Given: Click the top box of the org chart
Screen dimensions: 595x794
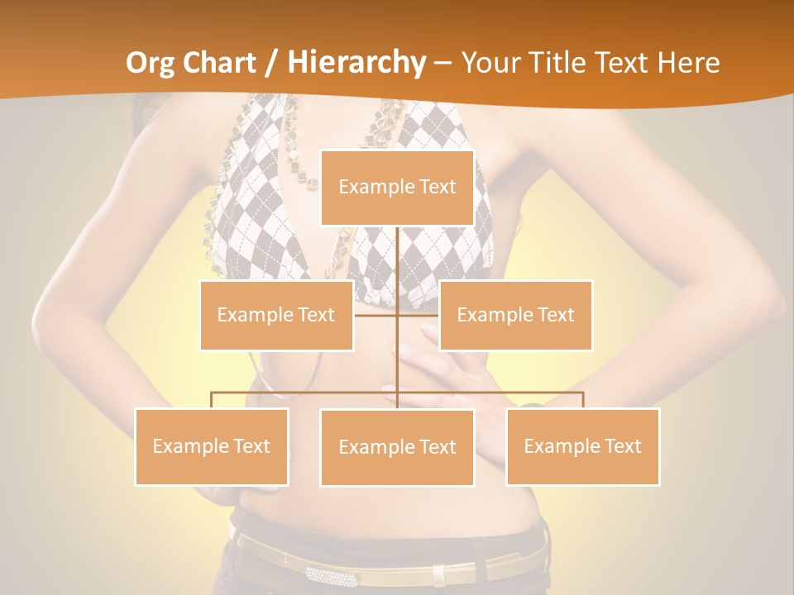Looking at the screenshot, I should pyautogui.click(x=397, y=188).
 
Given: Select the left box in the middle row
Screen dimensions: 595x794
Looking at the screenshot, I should pyautogui.click(x=276, y=315).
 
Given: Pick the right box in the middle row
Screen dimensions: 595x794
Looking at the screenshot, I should pyautogui.click(x=515, y=315).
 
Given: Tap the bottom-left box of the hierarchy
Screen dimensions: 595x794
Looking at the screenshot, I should pyautogui.click(x=212, y=446).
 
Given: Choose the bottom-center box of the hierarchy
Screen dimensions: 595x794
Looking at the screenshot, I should pyautogui.click(x=397, y=447).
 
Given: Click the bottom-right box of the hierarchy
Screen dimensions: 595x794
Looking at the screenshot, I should pyautogui.click(x=582, y=446).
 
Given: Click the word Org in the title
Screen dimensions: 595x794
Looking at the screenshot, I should pyautogui.click(x=151, y=63).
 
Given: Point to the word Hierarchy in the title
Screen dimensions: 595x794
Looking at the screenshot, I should pyautogui.click(x=356, y=63).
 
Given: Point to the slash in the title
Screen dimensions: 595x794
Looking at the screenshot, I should pyautogui.click(x=271, y=63).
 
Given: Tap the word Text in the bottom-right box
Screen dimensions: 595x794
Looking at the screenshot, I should pyautogui.click(x=623, y=446).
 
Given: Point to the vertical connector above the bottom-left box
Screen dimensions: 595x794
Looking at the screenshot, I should pyautogui.click(x=212, y=400).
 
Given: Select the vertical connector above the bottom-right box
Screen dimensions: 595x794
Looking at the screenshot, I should pyautogui.click(x=582, y=400).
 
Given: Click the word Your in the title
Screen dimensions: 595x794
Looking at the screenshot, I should pyautogui.click(x=488, y=63).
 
